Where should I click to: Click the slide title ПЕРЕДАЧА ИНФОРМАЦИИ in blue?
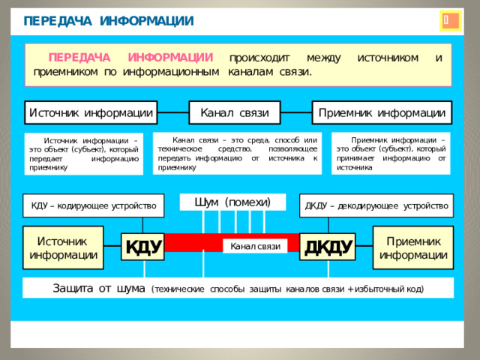click(109, 21)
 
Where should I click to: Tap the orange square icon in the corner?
click(451, 21)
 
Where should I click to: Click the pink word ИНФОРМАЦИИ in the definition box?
click(170, 58)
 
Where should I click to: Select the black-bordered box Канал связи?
click(235, 112)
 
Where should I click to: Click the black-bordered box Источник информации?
click(91, 112)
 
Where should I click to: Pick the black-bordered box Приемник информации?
click(382, 112)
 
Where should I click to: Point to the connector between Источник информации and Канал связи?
click(173, 112)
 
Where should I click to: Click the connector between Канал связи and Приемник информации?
click(296, 112)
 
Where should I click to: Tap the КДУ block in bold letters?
click(143, 247)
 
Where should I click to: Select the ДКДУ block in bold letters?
click(328, 247)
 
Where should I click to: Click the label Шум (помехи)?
click(232, 202)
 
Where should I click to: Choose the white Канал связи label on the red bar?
click(255, 246)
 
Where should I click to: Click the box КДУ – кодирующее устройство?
click(94, 205)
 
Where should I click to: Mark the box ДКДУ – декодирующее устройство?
click(376, 205)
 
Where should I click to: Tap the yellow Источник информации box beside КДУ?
click(63, 247)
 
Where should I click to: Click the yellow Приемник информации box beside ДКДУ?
click(413, 247)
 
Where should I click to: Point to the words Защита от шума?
click(99, 288)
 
